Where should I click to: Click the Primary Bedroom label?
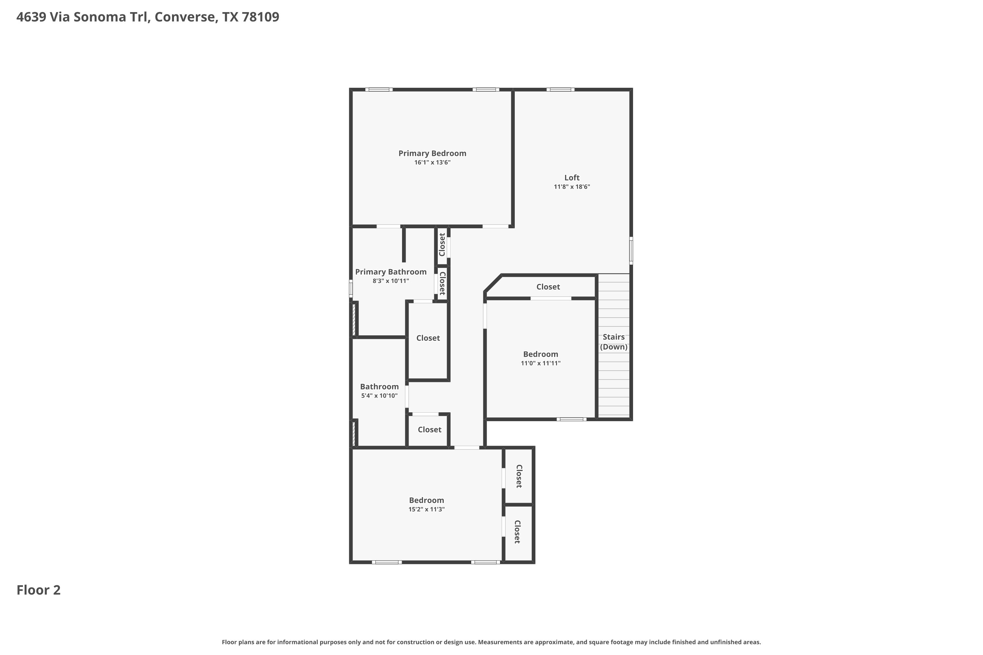pyautogui.click(x=432, y=153)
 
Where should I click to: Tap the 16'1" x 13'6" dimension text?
pyautogui.click(x=432, y=162)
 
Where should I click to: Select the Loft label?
pyautogui.click(x=572, y=178)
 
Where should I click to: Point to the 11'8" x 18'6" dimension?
pyautogui.click(x=572, y=187)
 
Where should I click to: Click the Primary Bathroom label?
pyautogui.click(x=391, y=272)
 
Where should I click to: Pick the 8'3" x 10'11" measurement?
pyautogui.click(x=391, y=281)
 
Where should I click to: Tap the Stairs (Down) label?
pyautogui.click(x=613, y=342)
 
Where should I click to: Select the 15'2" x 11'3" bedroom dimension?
pyautogui.click(x=426, y=509)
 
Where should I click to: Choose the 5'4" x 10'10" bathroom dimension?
pyautogui.click(x=379, y=396)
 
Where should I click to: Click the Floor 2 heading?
pyautogui.click(x=38, y=590)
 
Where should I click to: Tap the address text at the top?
pyautogui.click(x=147, y=17)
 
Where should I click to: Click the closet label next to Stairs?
pyautogui.click(x=548, y=287)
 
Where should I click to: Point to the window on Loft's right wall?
pyautogui.click(x=631, y=251)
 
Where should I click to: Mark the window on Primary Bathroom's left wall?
pyautogui.click(x=351, y=289)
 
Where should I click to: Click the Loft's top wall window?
pyautogui.click(x=560, y=89)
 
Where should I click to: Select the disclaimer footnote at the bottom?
pyautogui.click(x=491, y=642)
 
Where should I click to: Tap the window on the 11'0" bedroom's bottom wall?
pyautogui.click(x=571, y=419)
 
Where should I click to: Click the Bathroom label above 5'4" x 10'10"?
pyautogui.click(x=379, y=387)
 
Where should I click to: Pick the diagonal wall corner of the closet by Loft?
pyautogui.click(x=493, y=283)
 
